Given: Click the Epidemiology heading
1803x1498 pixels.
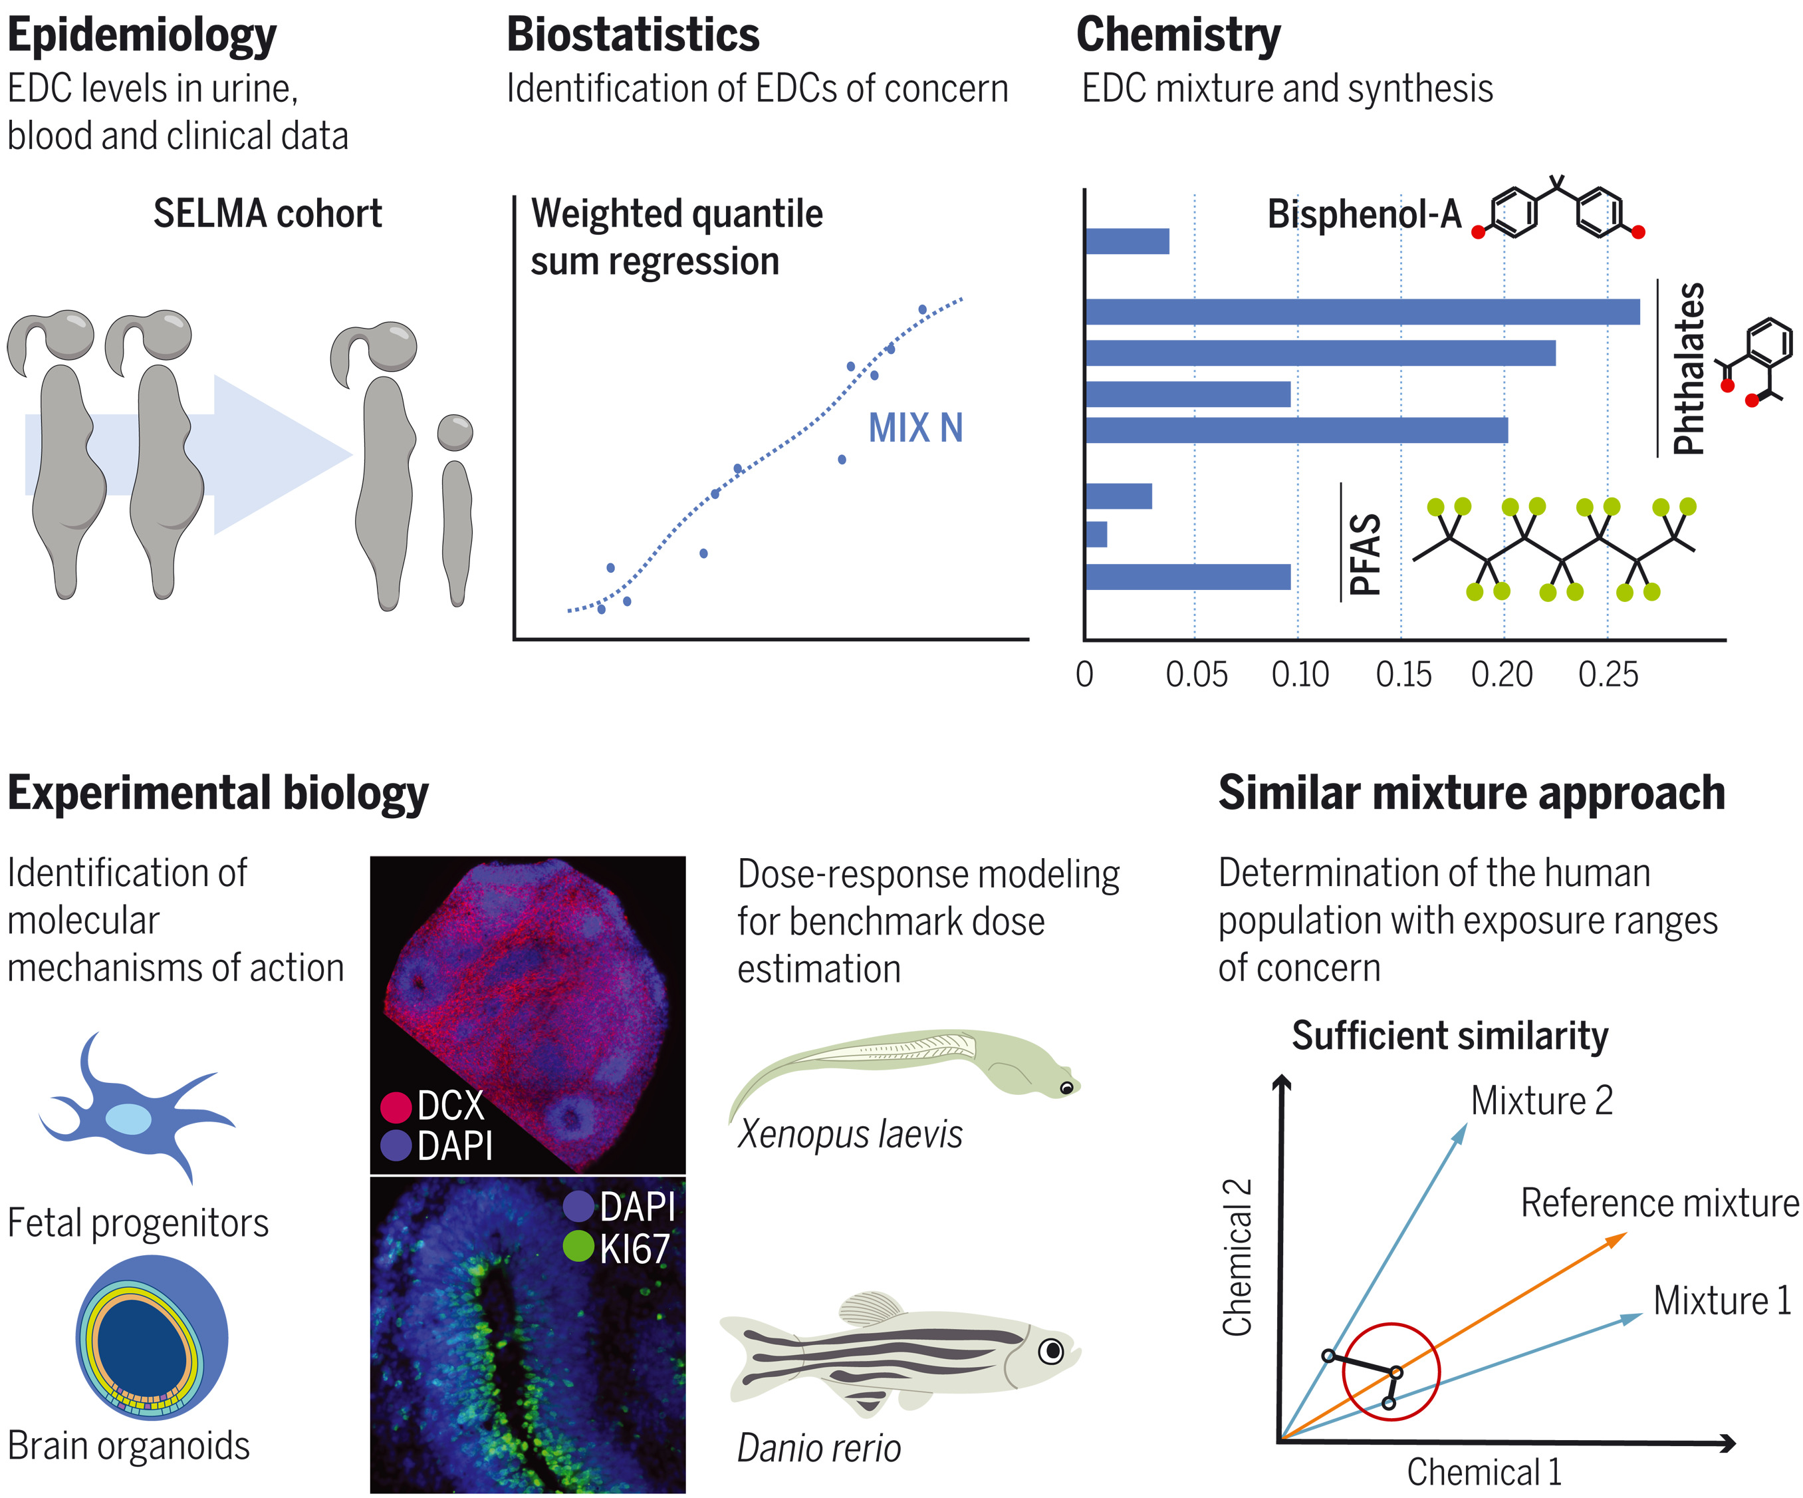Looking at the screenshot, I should [142, 36].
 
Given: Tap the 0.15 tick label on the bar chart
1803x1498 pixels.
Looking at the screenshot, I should [1403, 675].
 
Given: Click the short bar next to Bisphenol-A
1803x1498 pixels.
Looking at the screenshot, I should [1126, 241].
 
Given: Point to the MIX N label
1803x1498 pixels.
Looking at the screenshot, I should [915, 428].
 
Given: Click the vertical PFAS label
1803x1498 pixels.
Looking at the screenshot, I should [1365, 554].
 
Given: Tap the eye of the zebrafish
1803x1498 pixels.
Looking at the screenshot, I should [1051, 1351].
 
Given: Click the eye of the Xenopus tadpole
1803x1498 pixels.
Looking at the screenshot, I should [1066, 1088].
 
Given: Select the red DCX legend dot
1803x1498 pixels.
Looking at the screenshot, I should [396, 1106].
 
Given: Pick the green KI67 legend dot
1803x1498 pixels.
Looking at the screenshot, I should [578, 1247].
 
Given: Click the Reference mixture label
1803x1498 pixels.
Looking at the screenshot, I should [1659, 1203].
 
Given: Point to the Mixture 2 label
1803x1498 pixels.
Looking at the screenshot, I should [1541, 1101].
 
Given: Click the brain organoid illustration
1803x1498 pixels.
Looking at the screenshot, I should [152, 1338].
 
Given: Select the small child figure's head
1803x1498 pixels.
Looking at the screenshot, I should [455, 432].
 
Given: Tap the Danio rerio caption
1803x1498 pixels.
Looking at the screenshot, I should [819, 1448].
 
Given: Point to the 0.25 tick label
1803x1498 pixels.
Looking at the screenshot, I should [1608, 675].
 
